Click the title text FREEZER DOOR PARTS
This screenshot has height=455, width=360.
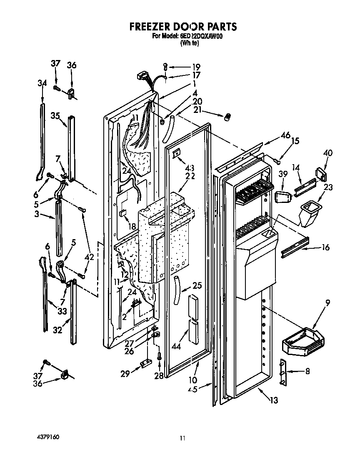[183, 27]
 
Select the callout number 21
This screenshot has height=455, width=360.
[197, 109]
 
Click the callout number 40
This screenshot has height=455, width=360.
[327, 153]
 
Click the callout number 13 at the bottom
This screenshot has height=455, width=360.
[273, 401]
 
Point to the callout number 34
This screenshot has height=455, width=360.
[42, 83]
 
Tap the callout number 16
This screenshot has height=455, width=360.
[325, 247]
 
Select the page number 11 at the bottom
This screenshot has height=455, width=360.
[182, 438]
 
